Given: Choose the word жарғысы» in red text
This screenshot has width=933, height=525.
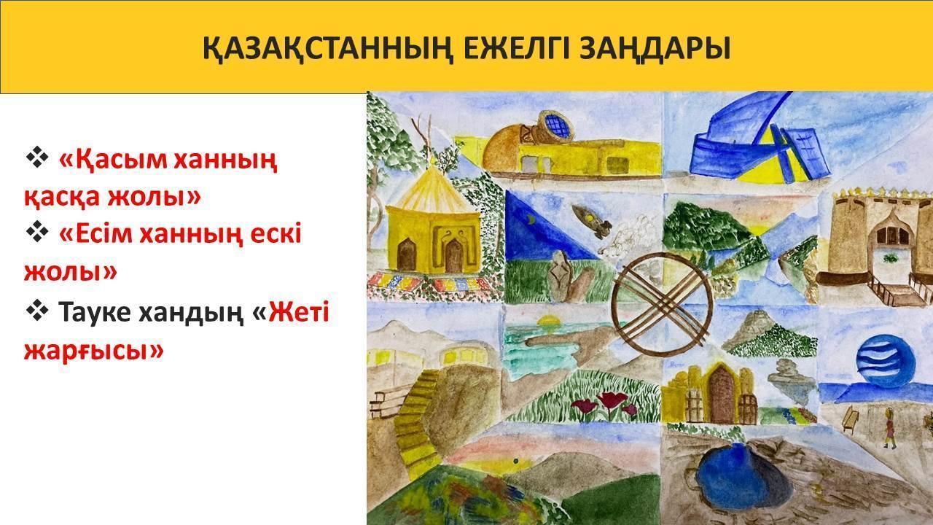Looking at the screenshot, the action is (94, 351).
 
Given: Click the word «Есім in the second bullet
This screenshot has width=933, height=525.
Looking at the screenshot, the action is (97, 235).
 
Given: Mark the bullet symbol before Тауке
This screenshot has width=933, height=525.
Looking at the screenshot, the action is (37, 310).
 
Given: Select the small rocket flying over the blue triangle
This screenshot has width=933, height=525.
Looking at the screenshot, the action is (591, 221).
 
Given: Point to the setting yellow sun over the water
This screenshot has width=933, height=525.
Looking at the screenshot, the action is (547, 322).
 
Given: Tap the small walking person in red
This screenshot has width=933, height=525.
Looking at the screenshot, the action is (888, 428).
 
